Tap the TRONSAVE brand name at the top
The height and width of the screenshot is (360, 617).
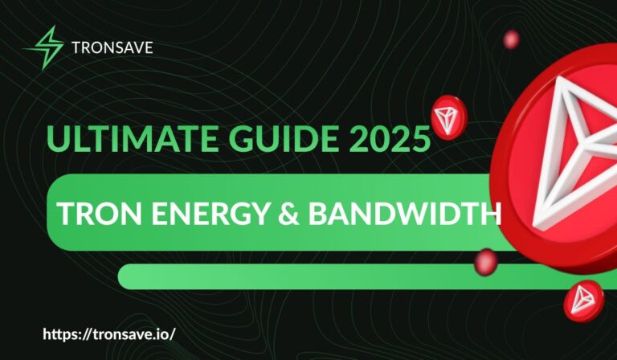[x=112, y=47]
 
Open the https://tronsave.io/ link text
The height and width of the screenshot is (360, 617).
[x=107, y=332]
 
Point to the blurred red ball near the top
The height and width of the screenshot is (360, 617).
[x=511, y=39]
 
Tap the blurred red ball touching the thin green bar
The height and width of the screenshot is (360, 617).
[x=486, y=261]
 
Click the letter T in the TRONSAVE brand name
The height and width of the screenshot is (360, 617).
[x=77, y=47]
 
